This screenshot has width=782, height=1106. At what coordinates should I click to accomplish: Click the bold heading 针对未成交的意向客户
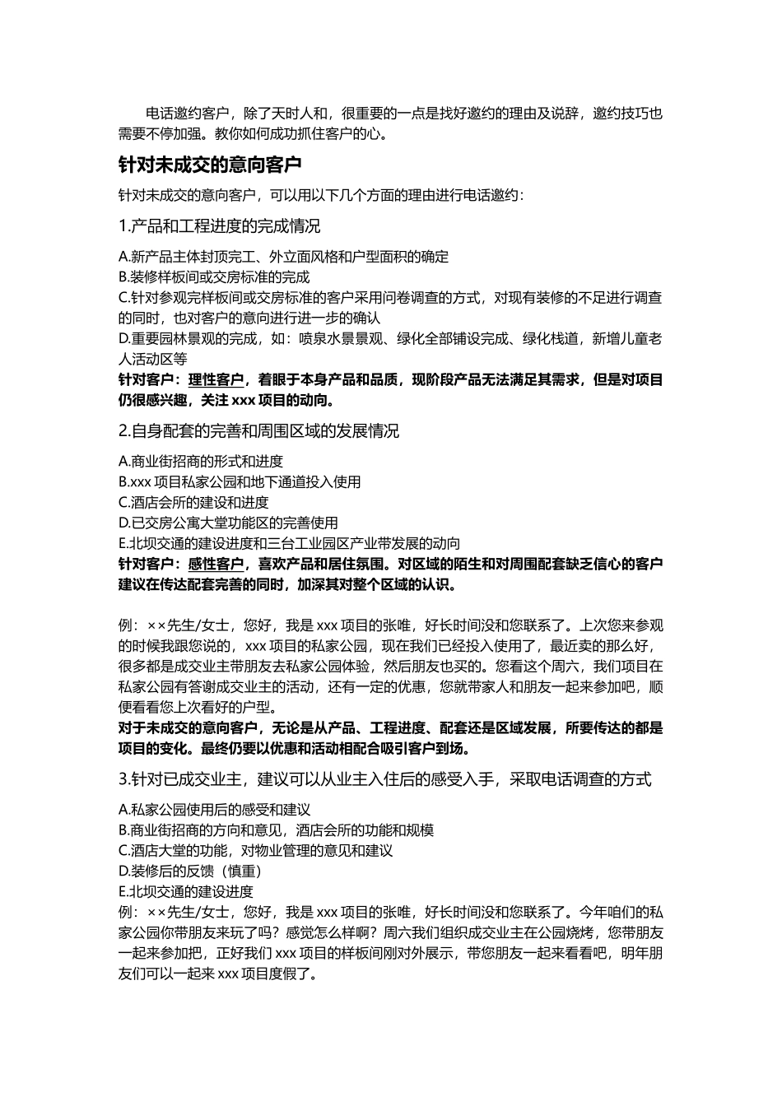coord(210,165)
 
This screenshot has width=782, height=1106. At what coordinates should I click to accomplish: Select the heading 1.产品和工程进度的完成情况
coord(219,225)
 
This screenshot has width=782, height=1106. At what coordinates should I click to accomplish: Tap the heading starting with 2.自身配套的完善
coord(258,431)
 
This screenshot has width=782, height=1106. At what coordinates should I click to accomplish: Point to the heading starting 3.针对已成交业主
coord(384,778)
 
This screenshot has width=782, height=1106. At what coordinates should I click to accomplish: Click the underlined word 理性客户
coord(216,380)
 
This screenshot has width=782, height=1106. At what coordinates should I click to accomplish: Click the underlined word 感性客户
coord(216,565)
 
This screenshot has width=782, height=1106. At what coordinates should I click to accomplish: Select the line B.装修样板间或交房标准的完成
coord(214,277)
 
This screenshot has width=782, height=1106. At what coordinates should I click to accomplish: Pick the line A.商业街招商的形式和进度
coord(201,462)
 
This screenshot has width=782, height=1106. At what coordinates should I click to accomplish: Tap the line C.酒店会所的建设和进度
coord(193,503)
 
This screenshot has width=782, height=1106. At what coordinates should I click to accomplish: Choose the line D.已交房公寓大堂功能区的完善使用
coord(228,523)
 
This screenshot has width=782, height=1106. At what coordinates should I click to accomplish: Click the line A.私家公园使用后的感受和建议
coord(214,810)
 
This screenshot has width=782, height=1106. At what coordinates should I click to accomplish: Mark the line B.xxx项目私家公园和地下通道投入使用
coord(240,482)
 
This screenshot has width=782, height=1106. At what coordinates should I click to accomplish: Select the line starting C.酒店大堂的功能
coord(255,851)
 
